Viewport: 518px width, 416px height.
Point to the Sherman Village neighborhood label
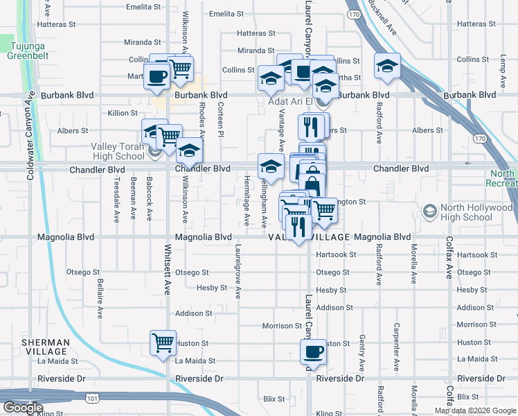point(45,347)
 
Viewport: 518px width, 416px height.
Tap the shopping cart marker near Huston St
point(163,343)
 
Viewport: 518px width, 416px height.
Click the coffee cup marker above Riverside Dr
point(313,351)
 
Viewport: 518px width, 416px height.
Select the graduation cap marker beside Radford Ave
point(387,66)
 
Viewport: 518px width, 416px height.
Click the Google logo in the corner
point(22,408)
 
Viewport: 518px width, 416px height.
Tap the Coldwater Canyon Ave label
point(30,135)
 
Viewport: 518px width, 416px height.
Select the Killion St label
point(123,112)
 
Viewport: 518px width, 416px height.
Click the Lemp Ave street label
point(500,73)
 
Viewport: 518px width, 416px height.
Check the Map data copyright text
point(475,410)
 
